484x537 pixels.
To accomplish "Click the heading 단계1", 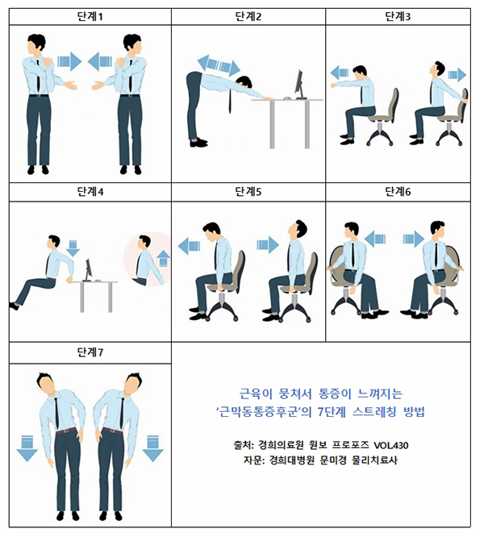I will [90, 15].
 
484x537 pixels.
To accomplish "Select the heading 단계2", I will [248, 15].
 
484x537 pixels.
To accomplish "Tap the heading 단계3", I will [398, 15].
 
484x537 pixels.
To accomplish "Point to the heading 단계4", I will [90, 192].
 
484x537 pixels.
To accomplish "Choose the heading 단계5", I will [248, 192].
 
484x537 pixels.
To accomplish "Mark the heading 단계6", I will [398, 192].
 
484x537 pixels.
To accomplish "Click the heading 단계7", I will [90, 352].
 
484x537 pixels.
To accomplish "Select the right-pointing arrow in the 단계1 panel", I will [70, 61].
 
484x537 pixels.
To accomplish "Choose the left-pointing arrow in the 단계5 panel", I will [189, 245].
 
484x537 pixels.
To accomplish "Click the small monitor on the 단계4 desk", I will [87, 268].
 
